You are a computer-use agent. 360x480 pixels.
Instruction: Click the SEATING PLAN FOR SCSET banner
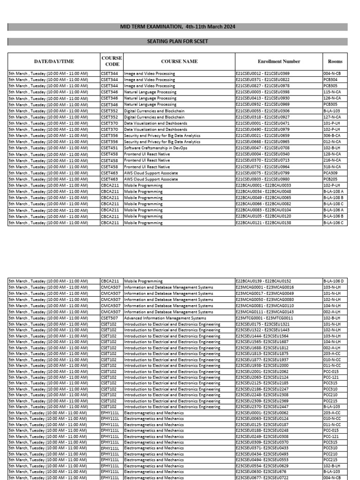tap(178, 42)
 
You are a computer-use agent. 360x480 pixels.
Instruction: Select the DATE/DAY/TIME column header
tap(54, 61)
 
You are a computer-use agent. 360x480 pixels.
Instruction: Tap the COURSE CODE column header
tap(112, 61)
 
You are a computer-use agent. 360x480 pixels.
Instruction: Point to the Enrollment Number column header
tap(279, 61)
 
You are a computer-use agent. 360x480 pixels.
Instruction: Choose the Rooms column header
tap(335, 61)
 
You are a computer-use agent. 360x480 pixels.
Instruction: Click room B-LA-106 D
tap(335, 281)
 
